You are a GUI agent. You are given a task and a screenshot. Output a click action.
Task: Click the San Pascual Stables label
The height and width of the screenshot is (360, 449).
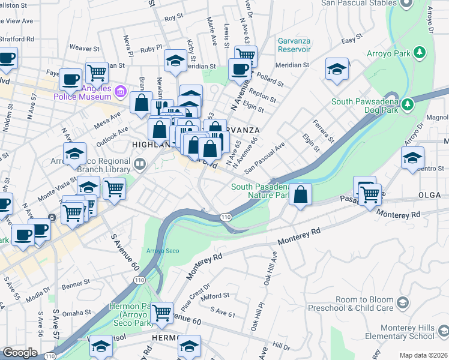tap(354, 3)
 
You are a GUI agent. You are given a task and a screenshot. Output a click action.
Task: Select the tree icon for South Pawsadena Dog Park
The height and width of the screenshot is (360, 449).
tap(408, 104)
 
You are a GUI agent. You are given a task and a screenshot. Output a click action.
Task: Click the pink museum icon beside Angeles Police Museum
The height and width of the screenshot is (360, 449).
tap(121, 92)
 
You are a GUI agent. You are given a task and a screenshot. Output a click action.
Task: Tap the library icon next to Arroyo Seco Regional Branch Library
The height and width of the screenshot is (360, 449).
tap(140, 163)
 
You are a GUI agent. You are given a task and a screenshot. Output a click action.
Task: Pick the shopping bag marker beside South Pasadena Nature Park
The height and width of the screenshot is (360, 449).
tap(301, 194)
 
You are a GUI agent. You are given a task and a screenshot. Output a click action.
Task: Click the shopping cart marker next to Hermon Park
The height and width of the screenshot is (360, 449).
tap(162, 313)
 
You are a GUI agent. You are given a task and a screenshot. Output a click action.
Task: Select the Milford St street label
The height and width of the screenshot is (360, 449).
tap(215, 296)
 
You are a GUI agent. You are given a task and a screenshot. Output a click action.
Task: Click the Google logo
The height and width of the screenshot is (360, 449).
tap(20, 353)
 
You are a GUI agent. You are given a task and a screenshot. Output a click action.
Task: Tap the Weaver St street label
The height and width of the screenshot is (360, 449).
tap(84, 48)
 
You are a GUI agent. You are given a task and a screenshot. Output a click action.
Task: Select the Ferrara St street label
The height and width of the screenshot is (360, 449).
tap(323, 131)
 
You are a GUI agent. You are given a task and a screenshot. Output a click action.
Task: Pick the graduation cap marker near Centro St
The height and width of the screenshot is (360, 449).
tap(412, 158)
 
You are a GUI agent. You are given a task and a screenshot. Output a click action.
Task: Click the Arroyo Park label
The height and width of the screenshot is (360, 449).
tap(388, 53)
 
